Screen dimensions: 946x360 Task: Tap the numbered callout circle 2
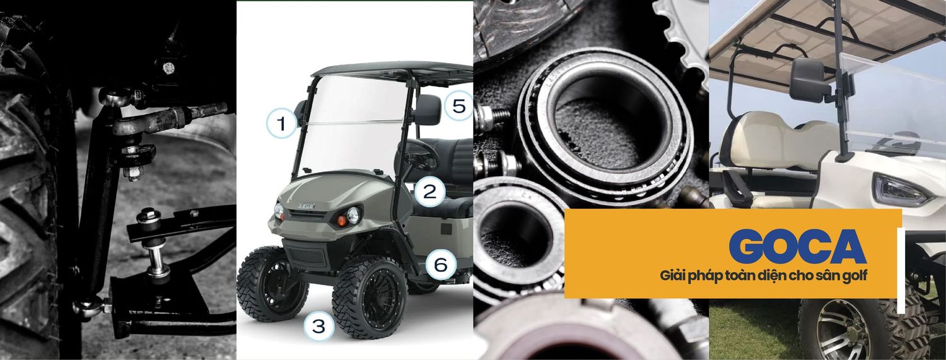pos(429,192)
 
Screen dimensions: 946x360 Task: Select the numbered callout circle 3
pos(319,327)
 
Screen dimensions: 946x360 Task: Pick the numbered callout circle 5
pos(458,105)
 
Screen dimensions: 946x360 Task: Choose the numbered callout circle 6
pos(441,265)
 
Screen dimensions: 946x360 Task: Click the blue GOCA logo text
pos(798,247)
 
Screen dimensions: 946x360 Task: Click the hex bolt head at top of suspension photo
pos(168,67)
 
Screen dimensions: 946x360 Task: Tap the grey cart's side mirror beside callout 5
pos(428,108)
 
